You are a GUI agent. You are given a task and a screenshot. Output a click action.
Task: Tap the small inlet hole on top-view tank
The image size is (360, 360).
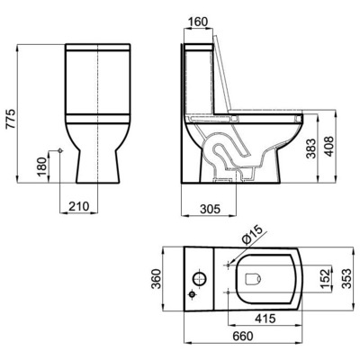(x=192, y=292)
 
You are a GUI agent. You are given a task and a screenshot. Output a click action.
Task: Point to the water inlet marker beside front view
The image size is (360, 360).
(x=58, y=149)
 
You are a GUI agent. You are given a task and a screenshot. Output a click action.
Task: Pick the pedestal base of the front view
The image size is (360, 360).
(x=96, y=166)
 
